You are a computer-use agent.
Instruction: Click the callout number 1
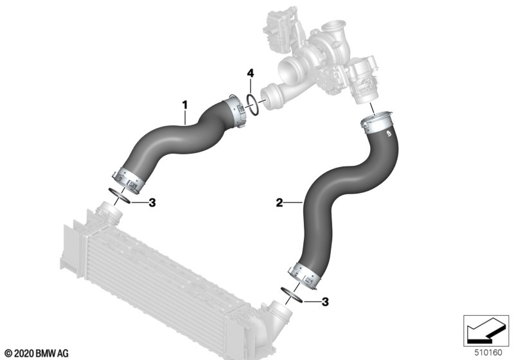(x=185, y=105)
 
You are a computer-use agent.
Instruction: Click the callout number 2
(x=279, y=203)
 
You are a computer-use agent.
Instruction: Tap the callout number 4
(x=250, y=73)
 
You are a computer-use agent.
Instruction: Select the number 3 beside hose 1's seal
(x=152, y=203)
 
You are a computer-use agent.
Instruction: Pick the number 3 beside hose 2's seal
(x=325, y=301)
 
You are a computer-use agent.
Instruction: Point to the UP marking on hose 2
(x=389, y=134)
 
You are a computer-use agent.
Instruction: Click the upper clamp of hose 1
(x=236, y=111)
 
